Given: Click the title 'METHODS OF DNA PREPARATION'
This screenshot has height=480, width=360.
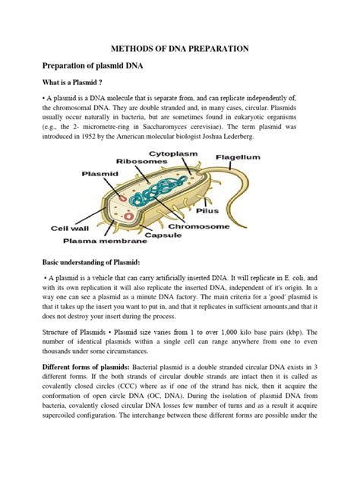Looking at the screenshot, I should [180, 48].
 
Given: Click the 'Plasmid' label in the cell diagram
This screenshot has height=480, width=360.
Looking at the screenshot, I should [99, 173].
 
